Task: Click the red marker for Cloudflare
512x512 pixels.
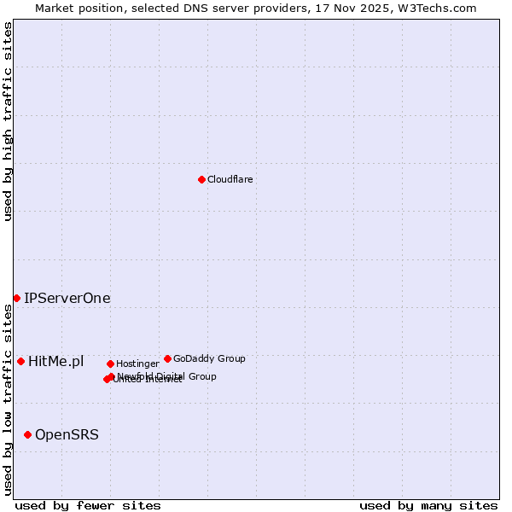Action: click(201, 179)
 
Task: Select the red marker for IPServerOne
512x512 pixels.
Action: click(16, 298)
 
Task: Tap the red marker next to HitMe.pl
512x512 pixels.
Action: click(20, 361)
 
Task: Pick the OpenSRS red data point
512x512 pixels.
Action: click(27, 434)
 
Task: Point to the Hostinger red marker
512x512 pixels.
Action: click(110, 364)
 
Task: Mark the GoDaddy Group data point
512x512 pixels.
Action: click(167, 358)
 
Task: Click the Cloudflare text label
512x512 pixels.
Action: click(230, 179)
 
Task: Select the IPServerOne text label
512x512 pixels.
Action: click(67, 298)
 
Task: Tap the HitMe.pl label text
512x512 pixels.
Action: click(55, 361)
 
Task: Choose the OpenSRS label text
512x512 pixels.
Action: click(67, 434)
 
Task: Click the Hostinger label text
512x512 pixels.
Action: click(137, 364)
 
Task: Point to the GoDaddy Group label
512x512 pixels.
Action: click(209, 358)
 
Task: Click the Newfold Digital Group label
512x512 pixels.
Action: click(167, 375)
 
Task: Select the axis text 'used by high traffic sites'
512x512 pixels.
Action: click(8, 120)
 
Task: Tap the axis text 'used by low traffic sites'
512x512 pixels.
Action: click(8, 398)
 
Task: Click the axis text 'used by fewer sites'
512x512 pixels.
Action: click(88, 505)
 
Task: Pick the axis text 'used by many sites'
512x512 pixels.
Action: click(428, 505)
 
